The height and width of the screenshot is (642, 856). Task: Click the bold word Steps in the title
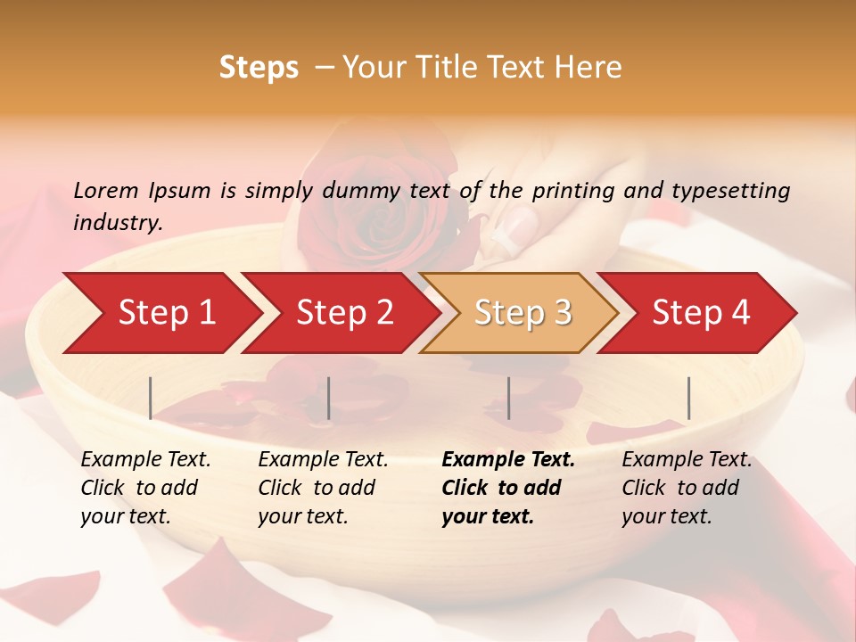(x=259, y=68)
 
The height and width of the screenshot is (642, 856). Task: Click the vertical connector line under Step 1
(x=151, y=398)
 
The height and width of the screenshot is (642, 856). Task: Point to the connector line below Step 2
(x=329, y=398)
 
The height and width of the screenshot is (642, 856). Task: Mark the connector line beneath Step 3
(x=509, y=398)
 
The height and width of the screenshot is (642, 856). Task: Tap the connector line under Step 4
(x=689, y=398)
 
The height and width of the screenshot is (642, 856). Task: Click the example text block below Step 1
(x=145, y=488)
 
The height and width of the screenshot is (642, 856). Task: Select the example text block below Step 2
(x=323, y=488)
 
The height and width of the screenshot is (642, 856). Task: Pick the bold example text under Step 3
(x=508, y=488)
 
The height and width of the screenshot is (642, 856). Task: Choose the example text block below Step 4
(x=687, y=488)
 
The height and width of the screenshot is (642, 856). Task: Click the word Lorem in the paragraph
(x=105, y=190)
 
